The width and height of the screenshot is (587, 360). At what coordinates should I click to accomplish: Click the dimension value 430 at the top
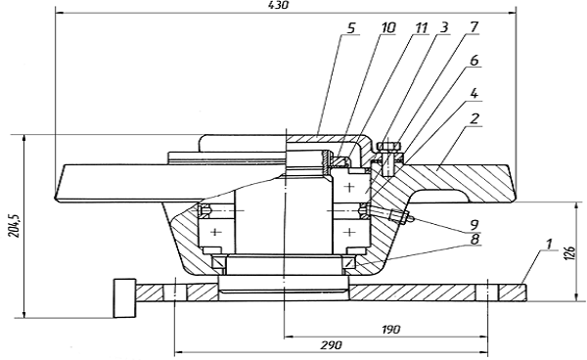click(279, 5)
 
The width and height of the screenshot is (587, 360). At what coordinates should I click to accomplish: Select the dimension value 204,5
click(14, 226)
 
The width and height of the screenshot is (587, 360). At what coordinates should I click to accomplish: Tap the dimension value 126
click(569, 254)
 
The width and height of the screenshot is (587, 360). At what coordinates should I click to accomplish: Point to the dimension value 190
click(391, 330)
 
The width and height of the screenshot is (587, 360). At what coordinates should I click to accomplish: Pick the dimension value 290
click(332, 344)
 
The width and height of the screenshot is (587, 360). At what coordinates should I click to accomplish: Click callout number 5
click(351, 28)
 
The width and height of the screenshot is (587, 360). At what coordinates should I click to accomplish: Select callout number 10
click(388, 27)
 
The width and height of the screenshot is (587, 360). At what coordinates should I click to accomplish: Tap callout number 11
click(421, 27)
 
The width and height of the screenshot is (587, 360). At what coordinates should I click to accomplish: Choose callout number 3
click(444, 27)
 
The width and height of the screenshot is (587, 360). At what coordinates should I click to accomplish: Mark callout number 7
click(474, 27)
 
